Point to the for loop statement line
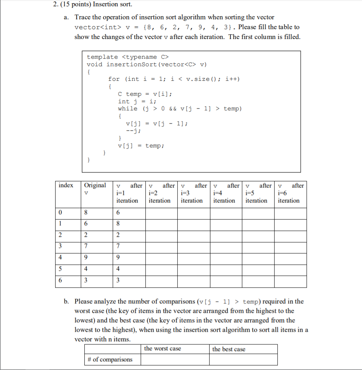click(x=174, y=79)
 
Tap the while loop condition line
click(x=180, y=108)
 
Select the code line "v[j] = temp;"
click(x=141, y=146)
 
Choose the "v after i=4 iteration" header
click(x=226, y=193)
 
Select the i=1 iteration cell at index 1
click(x=129, y=225)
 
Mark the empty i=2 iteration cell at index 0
click(x=162, y=213)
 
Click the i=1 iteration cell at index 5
click(x=129, y=270)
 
